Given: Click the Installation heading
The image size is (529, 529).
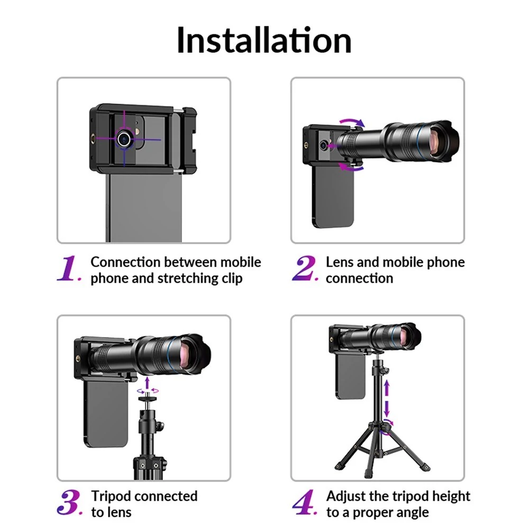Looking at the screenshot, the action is (x=264, y=40).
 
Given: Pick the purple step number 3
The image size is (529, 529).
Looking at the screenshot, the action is (x=69, y=503).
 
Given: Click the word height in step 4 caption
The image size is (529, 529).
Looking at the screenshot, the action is (x=451, y=496).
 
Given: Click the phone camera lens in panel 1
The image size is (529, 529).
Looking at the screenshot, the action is (x=124, y=139).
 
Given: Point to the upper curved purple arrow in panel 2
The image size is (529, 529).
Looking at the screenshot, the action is (x=352, y=122).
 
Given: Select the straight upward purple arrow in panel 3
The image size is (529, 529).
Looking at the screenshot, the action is (x=147, y=383).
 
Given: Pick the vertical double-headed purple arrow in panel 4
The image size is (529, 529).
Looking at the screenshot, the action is (x=387, y=398).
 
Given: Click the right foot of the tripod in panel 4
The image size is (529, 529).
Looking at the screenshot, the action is (x=426, y=468).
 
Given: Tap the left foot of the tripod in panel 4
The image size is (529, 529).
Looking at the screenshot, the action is (x=339, y=467).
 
